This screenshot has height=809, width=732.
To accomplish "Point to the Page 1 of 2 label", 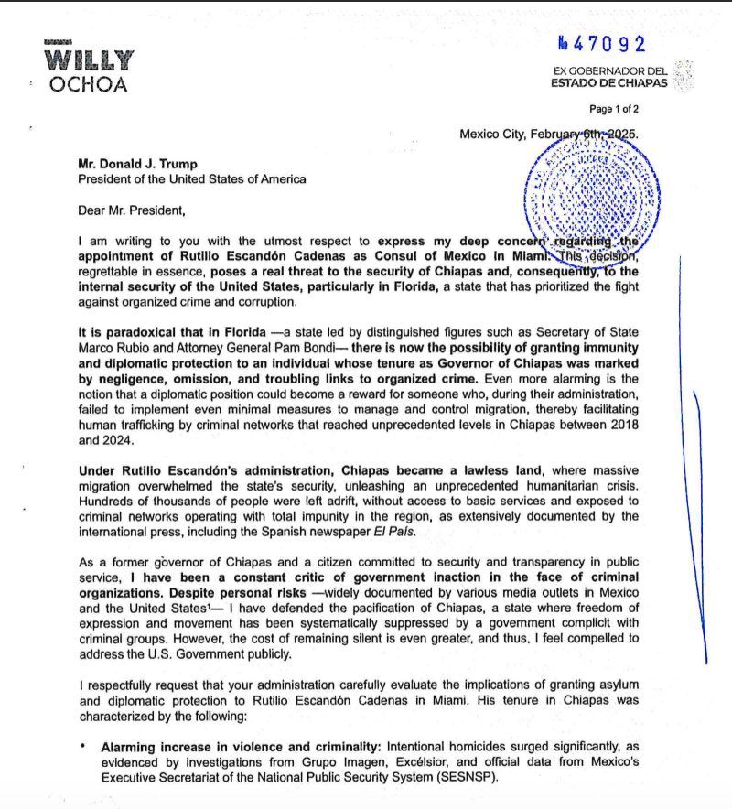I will click(614, 109).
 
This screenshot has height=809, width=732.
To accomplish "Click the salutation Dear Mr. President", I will click(131, 210).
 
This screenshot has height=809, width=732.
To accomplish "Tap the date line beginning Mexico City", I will click(549, 134).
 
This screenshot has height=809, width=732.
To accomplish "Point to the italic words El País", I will click(443, 531).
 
